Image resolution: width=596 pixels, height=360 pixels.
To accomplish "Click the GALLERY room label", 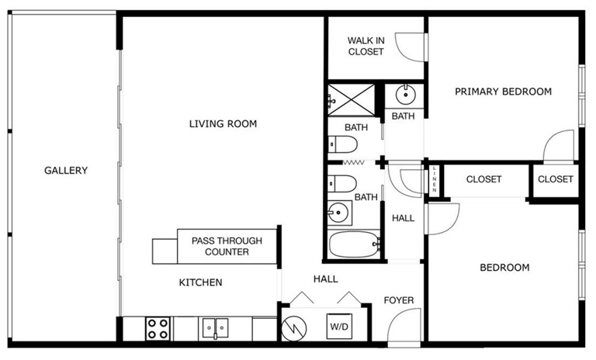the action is (66, 171).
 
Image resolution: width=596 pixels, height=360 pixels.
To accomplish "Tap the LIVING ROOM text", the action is (223, 123).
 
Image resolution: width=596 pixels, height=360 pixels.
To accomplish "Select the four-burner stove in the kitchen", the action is (158, 329).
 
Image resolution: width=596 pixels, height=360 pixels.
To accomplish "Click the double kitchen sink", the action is (215, 328).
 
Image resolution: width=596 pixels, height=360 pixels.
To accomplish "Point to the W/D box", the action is (339, 326).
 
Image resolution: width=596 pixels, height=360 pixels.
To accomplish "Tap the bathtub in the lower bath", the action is (354, 244).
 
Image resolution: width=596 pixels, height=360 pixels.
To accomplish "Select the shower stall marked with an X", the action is (352, 100).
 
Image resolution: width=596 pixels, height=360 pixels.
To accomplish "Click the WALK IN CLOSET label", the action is (366, 46).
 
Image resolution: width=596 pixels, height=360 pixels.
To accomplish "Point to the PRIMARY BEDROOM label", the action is (503, 92).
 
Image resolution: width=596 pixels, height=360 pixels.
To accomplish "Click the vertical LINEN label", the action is (434, 179).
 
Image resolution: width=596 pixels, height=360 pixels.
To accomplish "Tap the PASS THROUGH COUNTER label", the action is (227, 246).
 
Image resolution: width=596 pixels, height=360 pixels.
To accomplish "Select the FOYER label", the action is (399, 300).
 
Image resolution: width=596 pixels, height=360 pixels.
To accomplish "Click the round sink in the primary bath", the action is (406, 95).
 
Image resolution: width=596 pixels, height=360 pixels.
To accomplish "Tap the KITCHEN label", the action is (201, 282).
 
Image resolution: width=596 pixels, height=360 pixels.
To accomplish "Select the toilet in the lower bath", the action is (342, 184).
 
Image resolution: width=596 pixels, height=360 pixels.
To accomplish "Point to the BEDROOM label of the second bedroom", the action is (504, 268).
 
